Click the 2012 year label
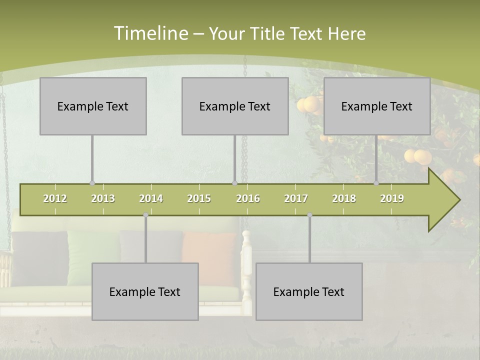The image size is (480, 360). [x=55, y=198]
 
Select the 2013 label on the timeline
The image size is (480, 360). [x=103, y=198]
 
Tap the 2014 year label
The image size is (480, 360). [x=151, y=198]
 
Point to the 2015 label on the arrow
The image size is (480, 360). [x=199, y=198]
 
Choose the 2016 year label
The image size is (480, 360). [x=248, y=198]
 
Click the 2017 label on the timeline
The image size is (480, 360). [x=296, y=198]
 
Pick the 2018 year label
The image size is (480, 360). [x=344, y=198]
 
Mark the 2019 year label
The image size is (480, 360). [x=392, y=198]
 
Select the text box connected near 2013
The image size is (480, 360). [x=93, y=106]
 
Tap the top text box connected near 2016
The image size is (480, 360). [x=235, y=106]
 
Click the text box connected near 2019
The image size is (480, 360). [x=377, y=106]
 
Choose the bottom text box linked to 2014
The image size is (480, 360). [x=145, y=291]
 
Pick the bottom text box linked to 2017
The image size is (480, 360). [x=309, y=291]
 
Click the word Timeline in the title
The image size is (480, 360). [x=150, y=33]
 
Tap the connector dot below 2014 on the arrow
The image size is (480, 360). [x=145, y=215]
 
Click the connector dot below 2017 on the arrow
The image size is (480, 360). [x=309, y=215]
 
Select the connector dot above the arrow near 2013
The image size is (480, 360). [x=92, y=183]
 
